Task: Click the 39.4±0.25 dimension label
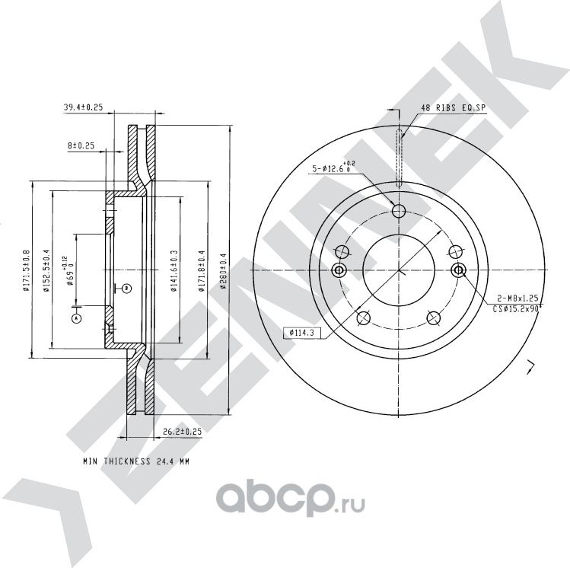click(83, 107)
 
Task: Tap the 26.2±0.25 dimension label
click(183, 432)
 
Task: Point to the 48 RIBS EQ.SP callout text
click(453, 109)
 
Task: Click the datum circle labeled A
click(75, 319)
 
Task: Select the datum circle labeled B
click(126, 288)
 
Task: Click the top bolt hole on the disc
click(399, 212)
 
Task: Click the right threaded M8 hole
click(458, 270)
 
